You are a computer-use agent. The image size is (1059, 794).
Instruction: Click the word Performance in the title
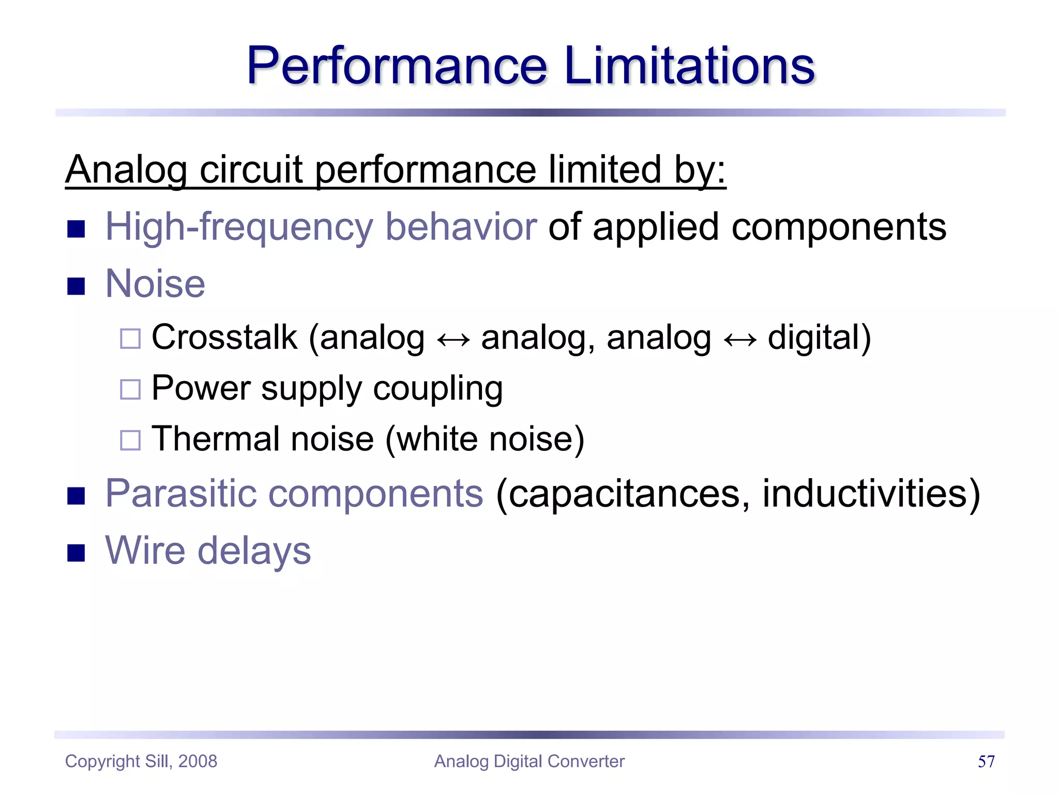397,66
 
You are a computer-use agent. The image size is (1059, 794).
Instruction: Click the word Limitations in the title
690,66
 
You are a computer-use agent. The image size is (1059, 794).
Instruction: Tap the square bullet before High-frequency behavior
76,228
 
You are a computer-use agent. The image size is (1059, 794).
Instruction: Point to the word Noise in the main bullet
155,284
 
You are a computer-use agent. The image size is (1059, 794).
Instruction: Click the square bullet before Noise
76,286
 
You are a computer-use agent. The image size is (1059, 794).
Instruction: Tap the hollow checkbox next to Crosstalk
130,339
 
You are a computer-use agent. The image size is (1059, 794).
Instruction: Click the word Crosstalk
224,338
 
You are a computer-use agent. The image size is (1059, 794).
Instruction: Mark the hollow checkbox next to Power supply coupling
130,390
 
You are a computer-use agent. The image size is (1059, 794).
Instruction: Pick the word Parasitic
181,493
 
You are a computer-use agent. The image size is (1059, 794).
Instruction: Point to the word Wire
145,550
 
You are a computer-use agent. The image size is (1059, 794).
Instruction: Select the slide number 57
986,761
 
